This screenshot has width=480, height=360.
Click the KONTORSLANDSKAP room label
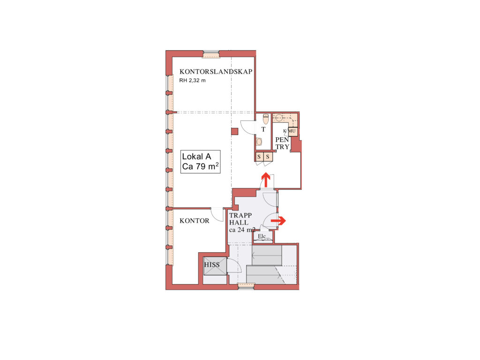tap(216, 72)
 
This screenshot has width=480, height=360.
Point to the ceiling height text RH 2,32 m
tap(192, 81)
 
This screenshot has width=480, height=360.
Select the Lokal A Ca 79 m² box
tap(201, 162)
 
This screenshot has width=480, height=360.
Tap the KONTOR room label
tap(195, 221)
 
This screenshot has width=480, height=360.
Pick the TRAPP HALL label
tap(240, 219)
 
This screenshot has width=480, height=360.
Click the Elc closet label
tap(262, 236)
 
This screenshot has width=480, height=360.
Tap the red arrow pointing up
tap(265, 180)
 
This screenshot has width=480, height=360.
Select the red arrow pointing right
tap(278, 220)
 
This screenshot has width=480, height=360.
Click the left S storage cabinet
tap(259, 157)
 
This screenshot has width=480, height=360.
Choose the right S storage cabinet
tap(268, 157)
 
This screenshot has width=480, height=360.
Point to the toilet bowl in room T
tap(266, 119)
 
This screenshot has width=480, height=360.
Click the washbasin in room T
tap(259, 142)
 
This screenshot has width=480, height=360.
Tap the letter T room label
tap(263, 129)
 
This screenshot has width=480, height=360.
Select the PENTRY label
tap(282, 143)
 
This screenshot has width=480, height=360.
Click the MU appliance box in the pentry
tap(292, 131)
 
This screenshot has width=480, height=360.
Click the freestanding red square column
tap(234, 131)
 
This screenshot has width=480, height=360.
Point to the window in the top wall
tap(211, 54)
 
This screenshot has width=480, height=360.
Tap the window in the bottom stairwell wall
tap(246, 286)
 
